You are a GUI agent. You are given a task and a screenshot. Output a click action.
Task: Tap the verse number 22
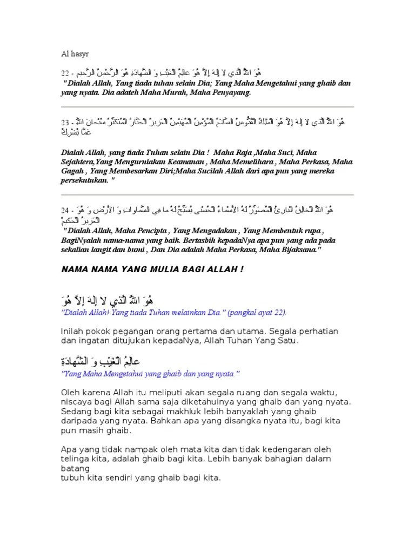pyautogui.click(x=65, y=72)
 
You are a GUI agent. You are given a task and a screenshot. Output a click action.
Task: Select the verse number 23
pyautogui.click(x=65, y=124)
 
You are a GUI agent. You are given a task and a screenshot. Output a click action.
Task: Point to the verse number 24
pyautogui.click(x=65, y=210)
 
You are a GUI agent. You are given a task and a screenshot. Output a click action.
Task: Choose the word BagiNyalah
pyautogui.click(x=82, y=239)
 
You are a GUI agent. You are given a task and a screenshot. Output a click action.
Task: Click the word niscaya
pyautogui.click(x=76, y=402)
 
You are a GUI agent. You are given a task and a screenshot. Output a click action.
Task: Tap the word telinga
pyautogui.click(x=74, y=458)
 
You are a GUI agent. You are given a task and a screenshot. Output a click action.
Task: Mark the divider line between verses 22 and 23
pyautogui.click(x=207, y=107)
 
